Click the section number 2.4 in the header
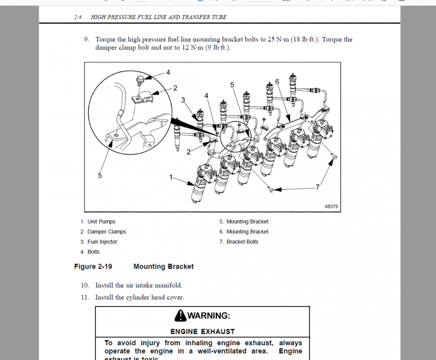tap(78, 17)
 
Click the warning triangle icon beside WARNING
tap(181, 316)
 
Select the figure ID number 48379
tap(331, 207)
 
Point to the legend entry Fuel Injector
tap(102, 242)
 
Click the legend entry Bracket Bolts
tap(242, 242)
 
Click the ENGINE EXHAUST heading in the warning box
tap(202, 331)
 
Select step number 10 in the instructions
tap(85, 285)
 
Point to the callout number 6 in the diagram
tap(277, 82)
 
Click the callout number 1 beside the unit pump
tap(171, 177)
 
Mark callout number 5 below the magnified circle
tap(100, 175)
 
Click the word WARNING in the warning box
tap(208, 316)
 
